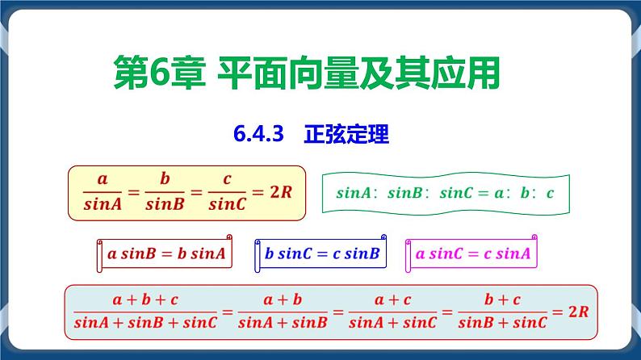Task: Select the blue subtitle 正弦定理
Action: pyautogui.click(x=347, y=135)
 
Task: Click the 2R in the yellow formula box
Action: pyautogui.click(x=279, y=193)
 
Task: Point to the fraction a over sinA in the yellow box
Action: pyautogui.click(x=103, y=193)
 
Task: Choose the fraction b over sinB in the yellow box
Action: pyautogui.click(x=165, y=193)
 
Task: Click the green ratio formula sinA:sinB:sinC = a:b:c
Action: pyautogui.click(x=445, y=194)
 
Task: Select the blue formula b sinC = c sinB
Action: pyautogui.click(x=321, y=254)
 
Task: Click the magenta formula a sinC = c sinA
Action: pyautogui.click(x=472, y=254)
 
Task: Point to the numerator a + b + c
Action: pyautogui.click(x=145, y=299)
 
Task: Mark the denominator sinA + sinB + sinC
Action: pyautogui.click(x=145, y=323)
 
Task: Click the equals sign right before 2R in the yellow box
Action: pyautogui.click(x=256, y=193)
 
